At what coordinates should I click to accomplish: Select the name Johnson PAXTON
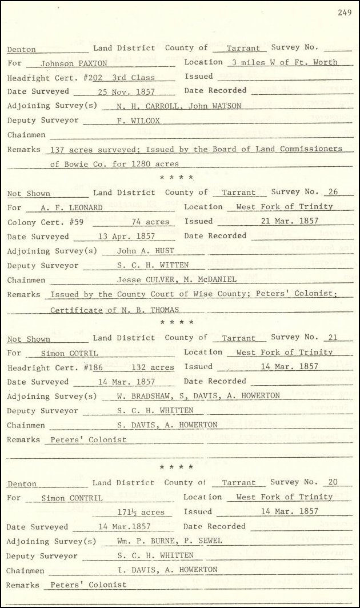(65, 63)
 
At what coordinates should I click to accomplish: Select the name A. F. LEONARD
(72, 208)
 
